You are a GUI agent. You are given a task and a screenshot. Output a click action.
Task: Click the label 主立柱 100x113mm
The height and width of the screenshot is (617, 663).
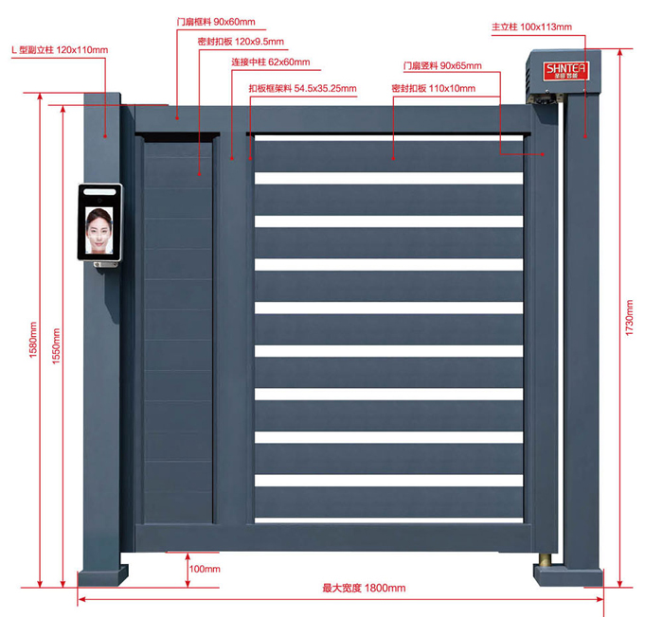pos(531,27)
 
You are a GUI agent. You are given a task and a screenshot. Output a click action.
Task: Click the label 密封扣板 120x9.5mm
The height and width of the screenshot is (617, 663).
pos(241,42)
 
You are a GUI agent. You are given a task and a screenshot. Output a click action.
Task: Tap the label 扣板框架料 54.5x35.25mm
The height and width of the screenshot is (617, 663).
pos(302,88)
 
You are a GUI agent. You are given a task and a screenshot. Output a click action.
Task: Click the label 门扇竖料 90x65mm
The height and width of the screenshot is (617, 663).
pos(442,66)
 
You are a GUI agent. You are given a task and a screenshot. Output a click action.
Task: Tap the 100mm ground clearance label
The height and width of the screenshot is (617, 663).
pos(204,569)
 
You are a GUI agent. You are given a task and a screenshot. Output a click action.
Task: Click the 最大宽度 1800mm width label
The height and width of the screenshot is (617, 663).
pos(364,589)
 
